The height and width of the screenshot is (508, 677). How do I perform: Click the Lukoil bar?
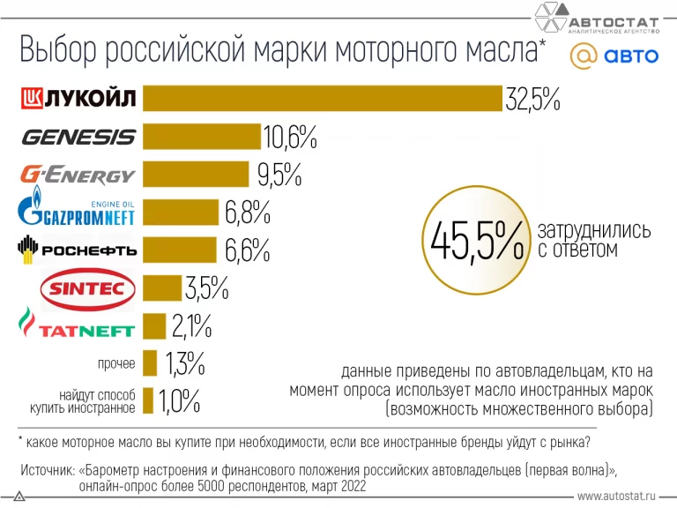click(322, 98)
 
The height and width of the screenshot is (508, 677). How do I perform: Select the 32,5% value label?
click(532, 99)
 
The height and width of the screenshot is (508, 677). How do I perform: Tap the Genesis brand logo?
click(78, 137)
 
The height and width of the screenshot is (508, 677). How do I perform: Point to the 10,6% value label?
click(290, 138)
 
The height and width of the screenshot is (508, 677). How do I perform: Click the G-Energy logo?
click(78, 175)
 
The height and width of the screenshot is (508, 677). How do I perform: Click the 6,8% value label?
click(246, 213)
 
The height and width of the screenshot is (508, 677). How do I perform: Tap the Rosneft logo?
click(78, 250)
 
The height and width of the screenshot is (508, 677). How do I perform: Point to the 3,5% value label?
click(206, 288)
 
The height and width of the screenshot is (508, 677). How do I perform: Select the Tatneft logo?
click(78, 325)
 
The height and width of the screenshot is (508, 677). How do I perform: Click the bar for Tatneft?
click(154, 326)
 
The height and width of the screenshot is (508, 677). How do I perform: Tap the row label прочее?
click(116, 363)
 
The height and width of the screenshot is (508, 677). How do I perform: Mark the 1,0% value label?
click(180, 402)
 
